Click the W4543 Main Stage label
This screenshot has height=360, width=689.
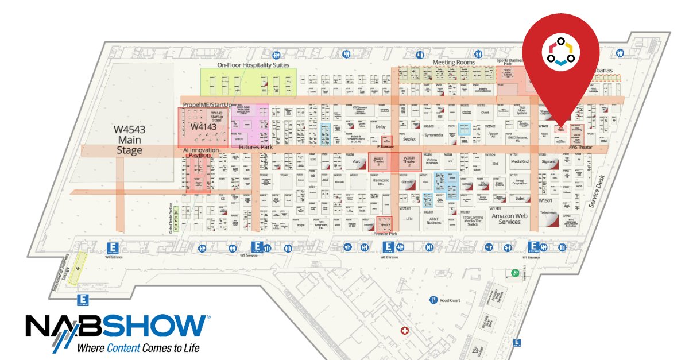[129, 140]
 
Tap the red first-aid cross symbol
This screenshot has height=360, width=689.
[405, 331]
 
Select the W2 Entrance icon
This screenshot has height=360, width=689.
[389, 247]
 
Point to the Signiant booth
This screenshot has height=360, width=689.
[548, 162]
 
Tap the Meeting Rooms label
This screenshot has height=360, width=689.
[454, 62]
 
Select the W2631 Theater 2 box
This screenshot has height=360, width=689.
[409, 161]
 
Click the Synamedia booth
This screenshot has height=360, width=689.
[434, 135]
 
